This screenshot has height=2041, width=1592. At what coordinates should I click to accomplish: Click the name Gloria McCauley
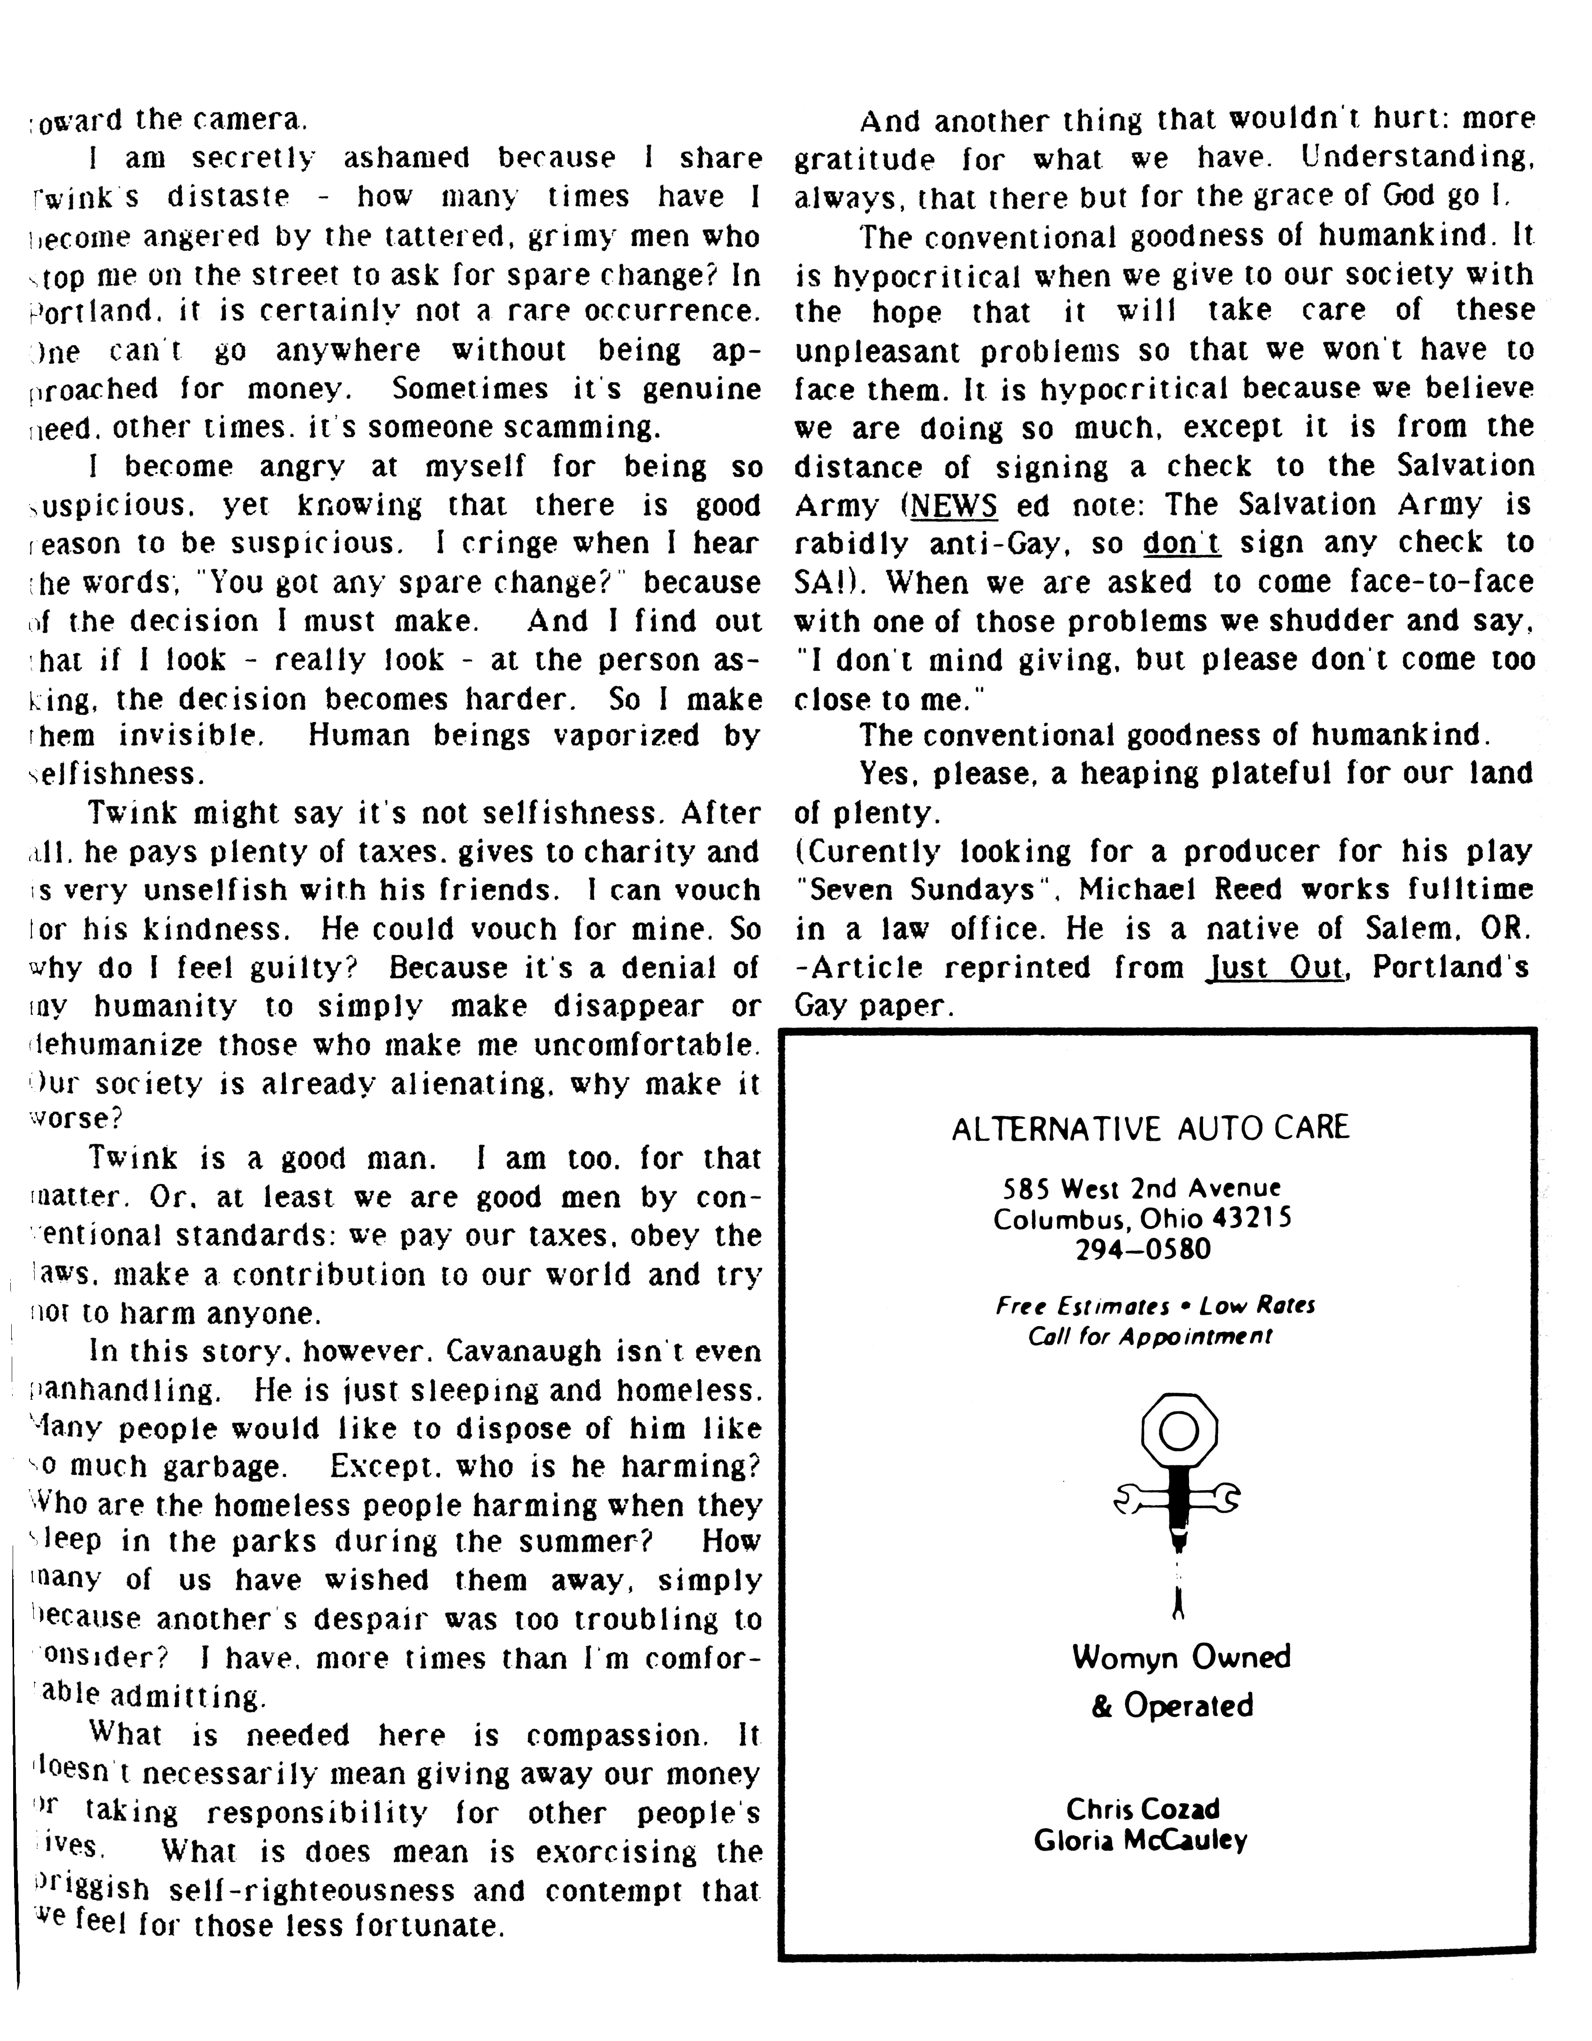coord(1141,1841)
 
